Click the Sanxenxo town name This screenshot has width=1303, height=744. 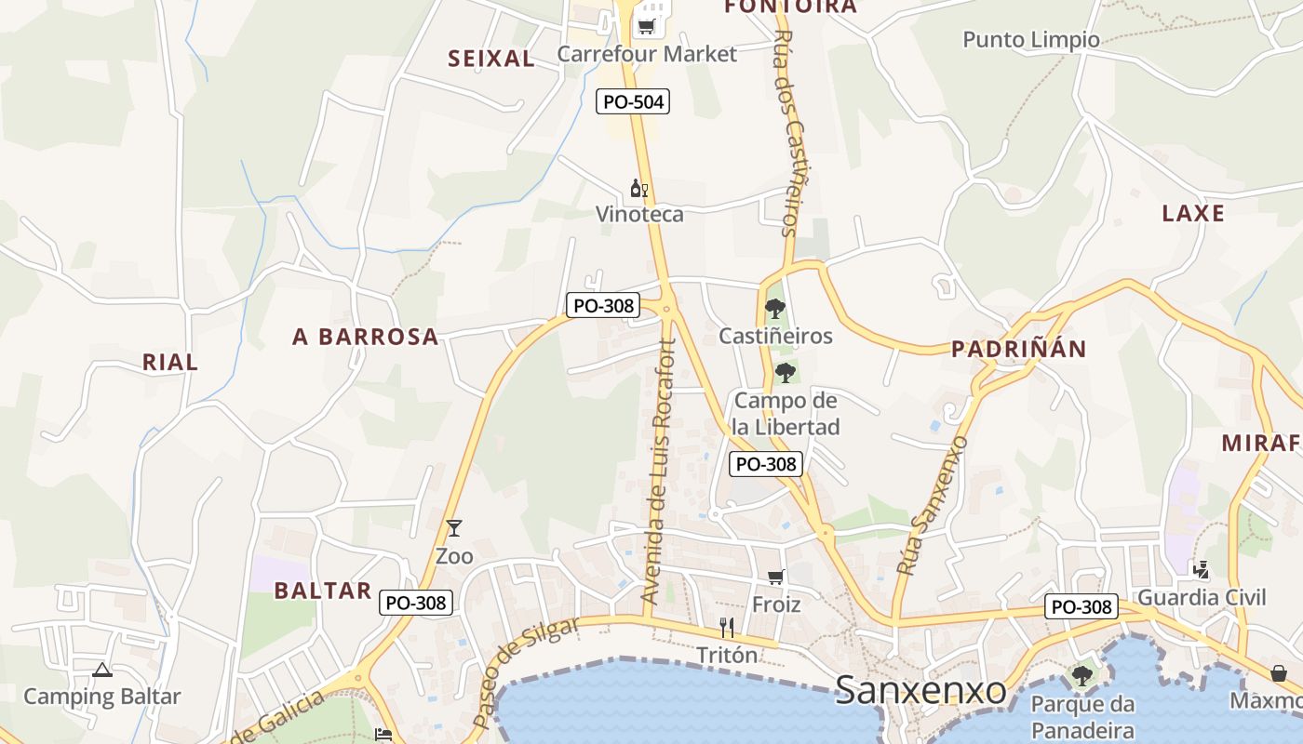(920, 690)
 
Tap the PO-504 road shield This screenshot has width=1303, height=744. (633, 101)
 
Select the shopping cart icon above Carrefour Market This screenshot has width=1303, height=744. (646, 26)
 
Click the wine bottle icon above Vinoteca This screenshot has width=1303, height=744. (639, 189)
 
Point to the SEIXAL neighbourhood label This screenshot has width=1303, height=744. (491, 59)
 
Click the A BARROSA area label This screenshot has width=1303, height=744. (366, 337)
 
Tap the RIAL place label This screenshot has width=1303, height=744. (170, 362)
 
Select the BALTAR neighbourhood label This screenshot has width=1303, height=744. (323, 591)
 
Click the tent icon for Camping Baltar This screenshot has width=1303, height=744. (102, 670)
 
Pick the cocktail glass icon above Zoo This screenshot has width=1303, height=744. (454, 528)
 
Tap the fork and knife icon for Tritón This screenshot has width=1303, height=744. (728, 628)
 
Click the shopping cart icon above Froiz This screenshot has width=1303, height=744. (776, 578)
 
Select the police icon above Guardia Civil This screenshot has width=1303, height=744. (1202, 569)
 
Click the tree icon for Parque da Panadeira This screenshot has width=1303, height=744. (1081, 675)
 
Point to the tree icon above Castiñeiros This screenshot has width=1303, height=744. (774, 309)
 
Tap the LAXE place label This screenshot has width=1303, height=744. (1193, 213)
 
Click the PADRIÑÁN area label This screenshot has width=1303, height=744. (1018, 349)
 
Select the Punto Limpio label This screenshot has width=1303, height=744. (1031, 40)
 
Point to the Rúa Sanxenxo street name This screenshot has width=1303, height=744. (933, 505)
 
